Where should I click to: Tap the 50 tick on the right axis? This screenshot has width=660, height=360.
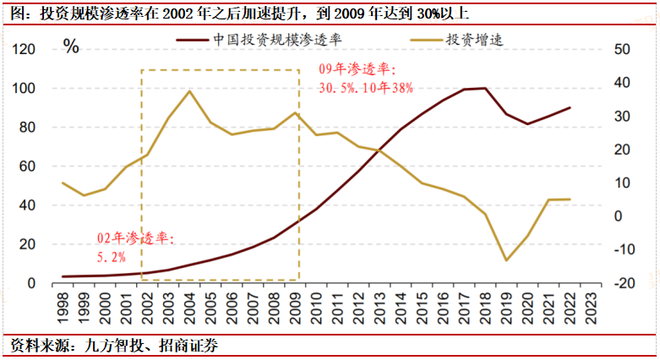coord(619,50)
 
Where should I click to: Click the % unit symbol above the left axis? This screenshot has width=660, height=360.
coord(72,46)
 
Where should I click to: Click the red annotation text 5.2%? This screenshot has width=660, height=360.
coord(112,255)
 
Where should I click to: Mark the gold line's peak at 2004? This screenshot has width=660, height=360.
coord(189,90)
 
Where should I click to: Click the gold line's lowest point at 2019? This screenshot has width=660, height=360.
coord(506,260)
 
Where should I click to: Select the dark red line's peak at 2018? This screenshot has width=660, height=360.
coord(485,88)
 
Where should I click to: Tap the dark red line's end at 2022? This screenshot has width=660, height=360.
coord(570,107)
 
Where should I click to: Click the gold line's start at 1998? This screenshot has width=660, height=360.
coord(63,183)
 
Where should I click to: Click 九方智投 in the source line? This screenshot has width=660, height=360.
coord(102,346)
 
